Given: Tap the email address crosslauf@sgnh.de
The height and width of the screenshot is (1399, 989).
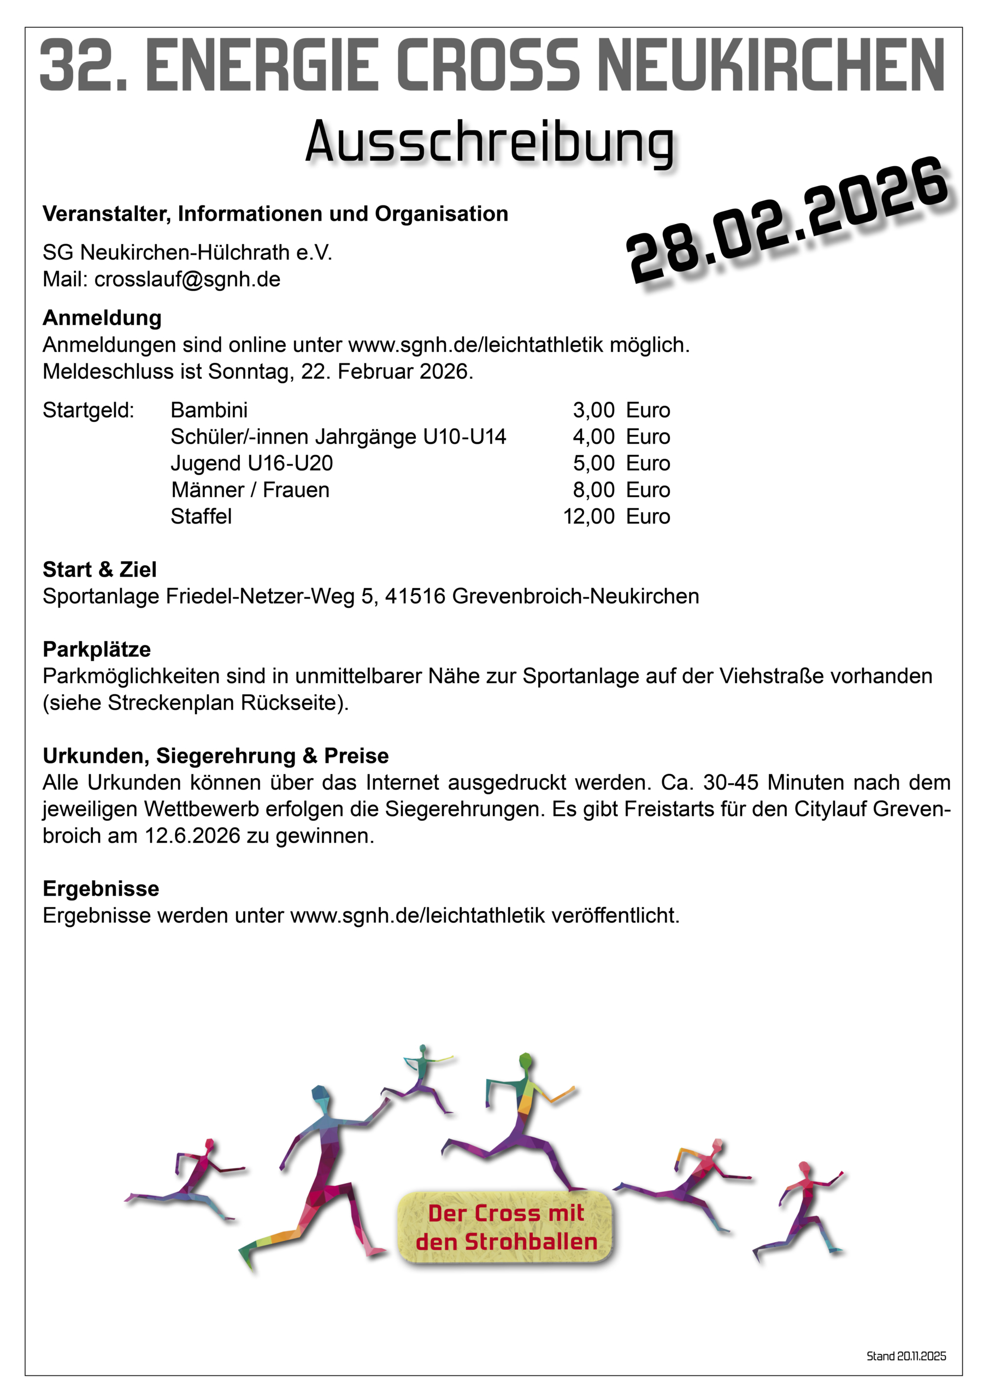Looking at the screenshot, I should point(187,280).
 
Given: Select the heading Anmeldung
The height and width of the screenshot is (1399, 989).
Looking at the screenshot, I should point(102,318).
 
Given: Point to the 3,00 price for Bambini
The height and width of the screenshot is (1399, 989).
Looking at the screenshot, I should point(593,410).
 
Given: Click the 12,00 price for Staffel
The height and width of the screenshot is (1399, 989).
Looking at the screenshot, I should point(588,517).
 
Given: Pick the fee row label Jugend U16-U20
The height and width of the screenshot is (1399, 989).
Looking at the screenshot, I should point(252,463).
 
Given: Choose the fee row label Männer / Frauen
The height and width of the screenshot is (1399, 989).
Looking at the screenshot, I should point(250,490).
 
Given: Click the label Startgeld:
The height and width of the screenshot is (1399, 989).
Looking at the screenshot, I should point(89,410).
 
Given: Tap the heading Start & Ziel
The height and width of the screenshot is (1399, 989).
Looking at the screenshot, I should point(99,570).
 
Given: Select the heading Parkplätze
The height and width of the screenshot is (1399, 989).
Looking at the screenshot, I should point(96,650).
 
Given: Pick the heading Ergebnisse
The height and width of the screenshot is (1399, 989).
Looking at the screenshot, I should point(101,889).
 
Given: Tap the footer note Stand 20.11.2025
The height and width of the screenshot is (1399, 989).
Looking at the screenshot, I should point(906,1356).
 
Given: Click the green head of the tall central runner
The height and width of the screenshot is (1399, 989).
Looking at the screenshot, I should point(526,1062).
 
